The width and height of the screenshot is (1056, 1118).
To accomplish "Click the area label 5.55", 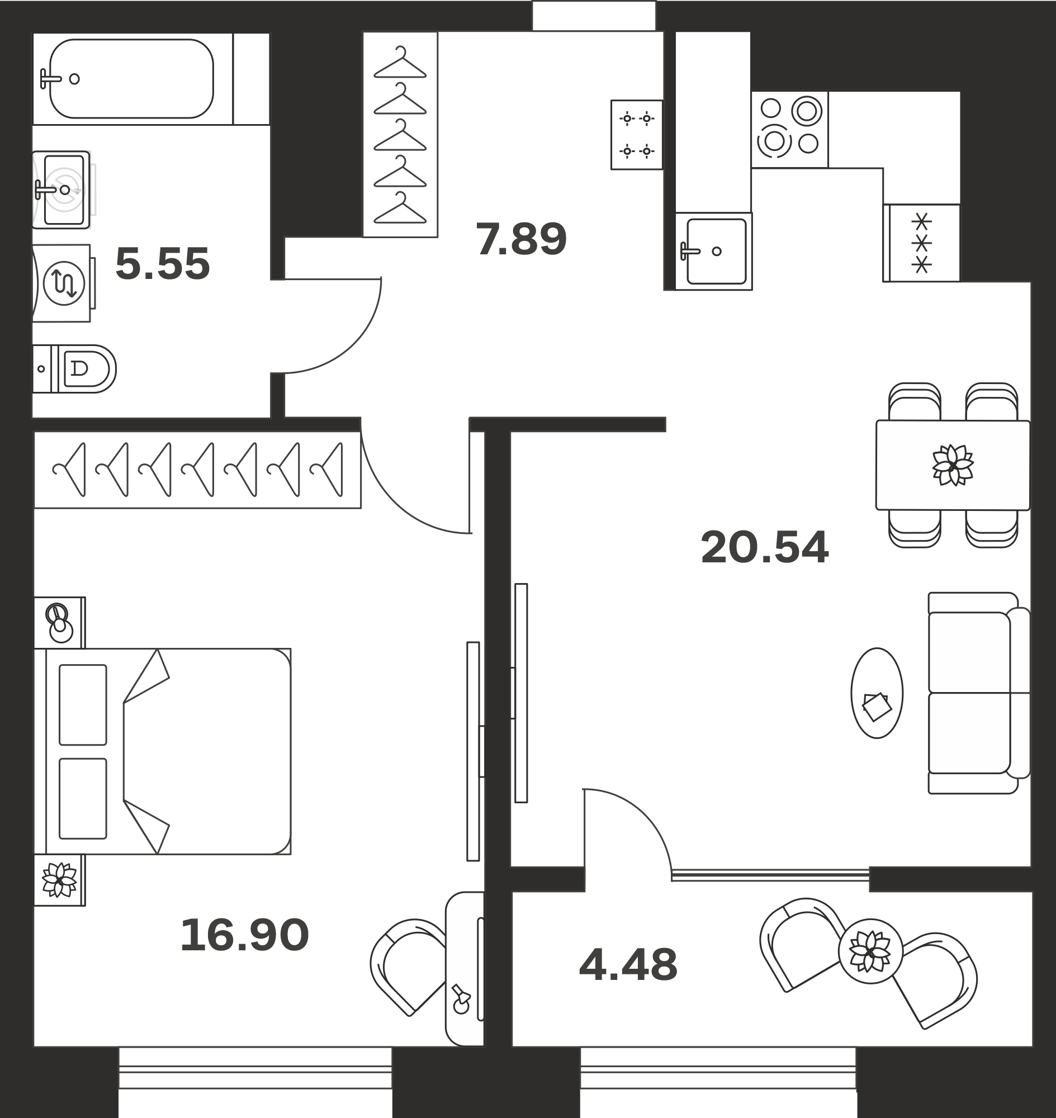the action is (163, 264).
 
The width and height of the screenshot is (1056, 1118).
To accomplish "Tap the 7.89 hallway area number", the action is (521, 239).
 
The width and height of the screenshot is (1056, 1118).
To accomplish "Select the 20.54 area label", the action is (764, 547).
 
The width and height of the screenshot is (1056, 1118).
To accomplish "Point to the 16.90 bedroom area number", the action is (244, 935).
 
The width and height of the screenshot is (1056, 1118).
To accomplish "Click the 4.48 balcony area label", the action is (628, 965).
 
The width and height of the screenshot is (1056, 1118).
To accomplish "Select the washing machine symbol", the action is (63, 283).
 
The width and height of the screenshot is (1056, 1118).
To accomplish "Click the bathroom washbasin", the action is (61, 190).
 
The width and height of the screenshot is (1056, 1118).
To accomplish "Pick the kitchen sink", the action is (714, 251).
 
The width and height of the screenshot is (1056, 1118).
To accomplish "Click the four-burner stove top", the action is (790, 130).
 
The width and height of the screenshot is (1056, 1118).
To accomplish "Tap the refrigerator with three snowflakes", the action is (921, 243).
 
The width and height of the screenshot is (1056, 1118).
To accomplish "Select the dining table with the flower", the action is (953, 465).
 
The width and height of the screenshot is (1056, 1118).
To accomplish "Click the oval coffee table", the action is (877, 693).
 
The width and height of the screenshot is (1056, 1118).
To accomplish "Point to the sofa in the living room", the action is (979, 693).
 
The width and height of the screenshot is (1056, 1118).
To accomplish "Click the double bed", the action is (162, 751).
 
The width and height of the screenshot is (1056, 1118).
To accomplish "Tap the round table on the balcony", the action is (871, 951).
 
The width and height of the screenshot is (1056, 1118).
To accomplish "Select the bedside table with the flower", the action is (60, 880).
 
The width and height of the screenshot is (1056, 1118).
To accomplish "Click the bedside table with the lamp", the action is (60, 623).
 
